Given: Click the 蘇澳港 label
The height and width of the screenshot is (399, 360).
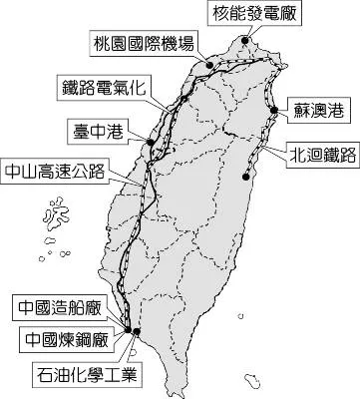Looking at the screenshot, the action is point(315,107).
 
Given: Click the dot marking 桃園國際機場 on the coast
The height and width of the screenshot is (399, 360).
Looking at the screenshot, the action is point(209,65).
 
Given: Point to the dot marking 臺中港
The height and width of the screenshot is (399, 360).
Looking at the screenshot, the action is point(150,143).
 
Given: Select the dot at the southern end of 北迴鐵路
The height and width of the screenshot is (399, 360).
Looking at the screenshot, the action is point(246,178).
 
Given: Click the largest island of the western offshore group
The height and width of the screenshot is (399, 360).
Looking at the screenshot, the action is point(56,212).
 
